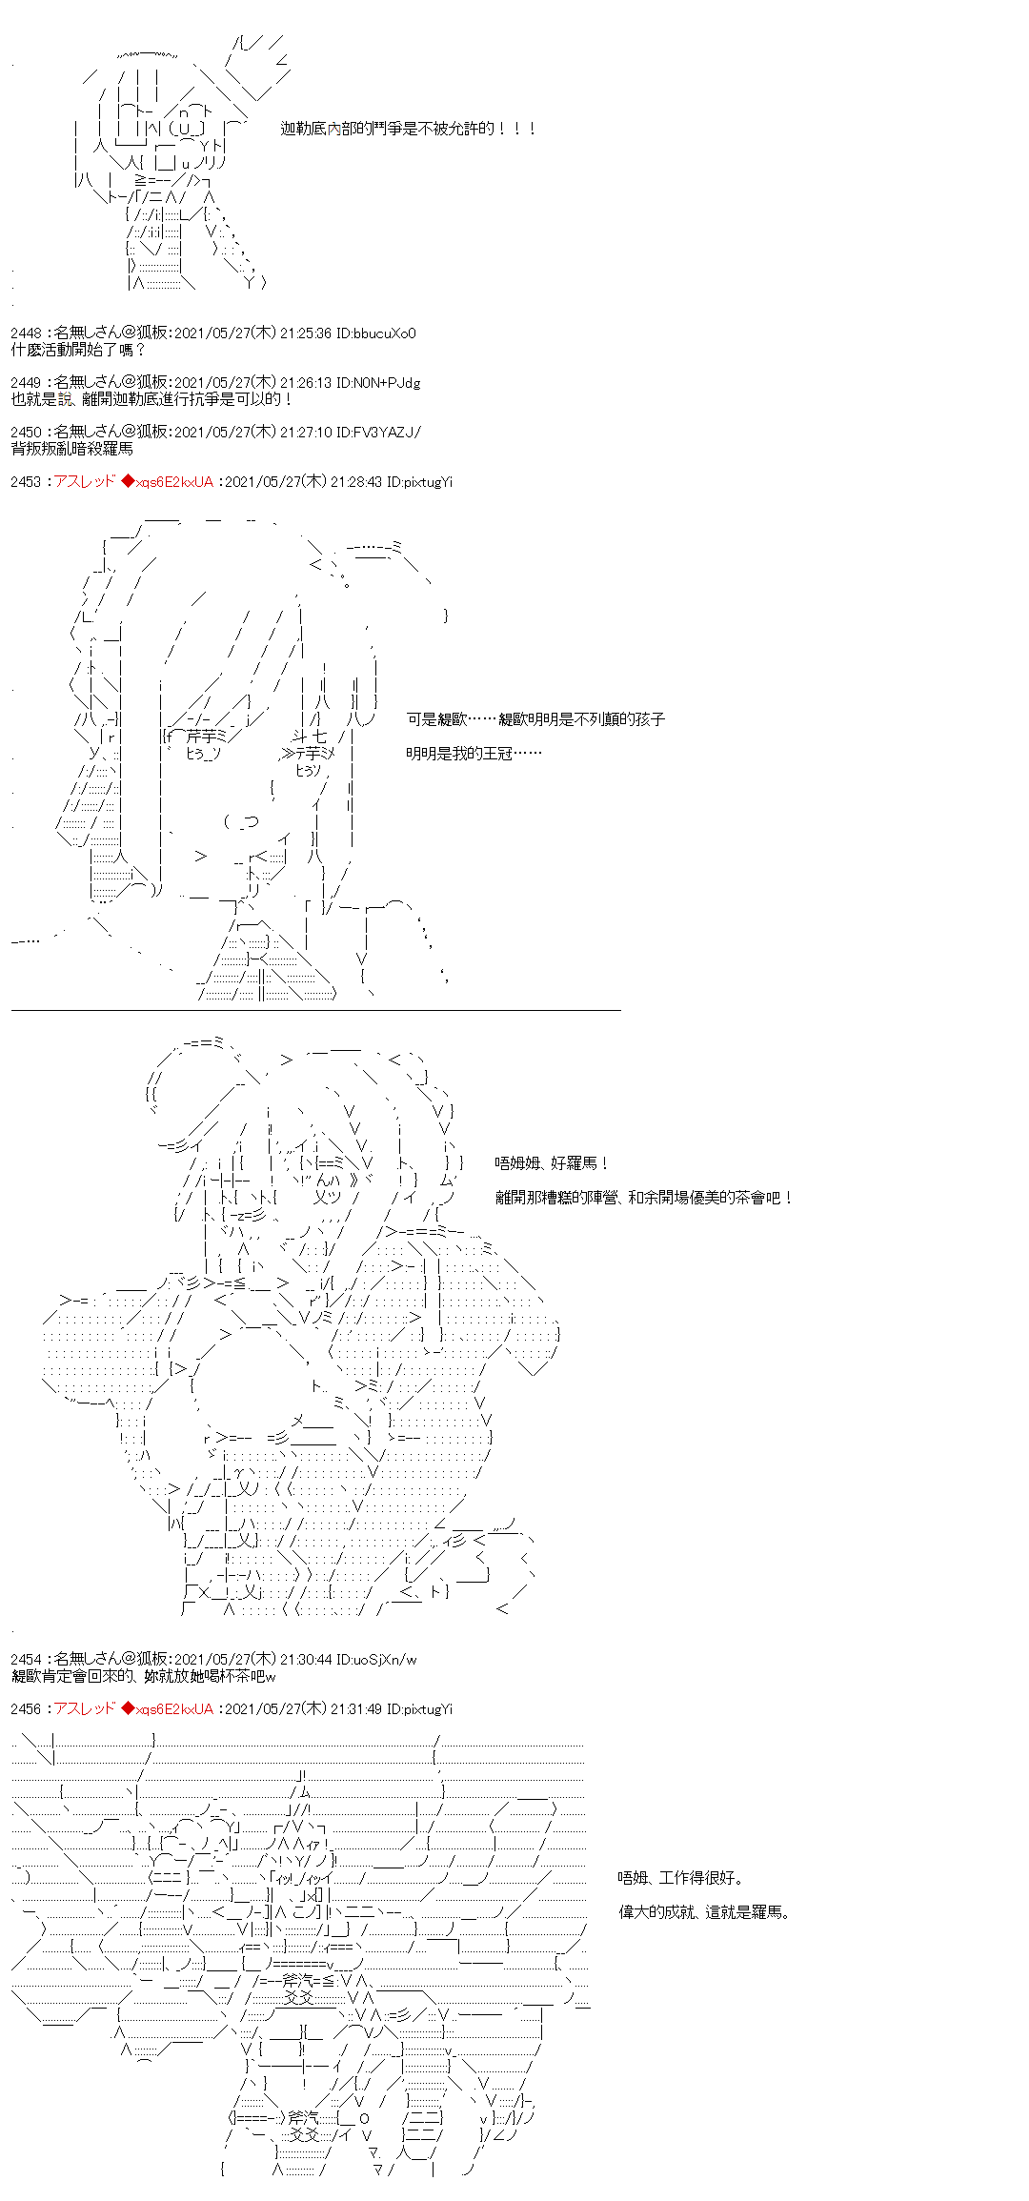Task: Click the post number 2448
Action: point(26,333)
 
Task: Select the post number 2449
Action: point(26,383)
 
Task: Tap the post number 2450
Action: point(26,433)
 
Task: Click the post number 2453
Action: point(26,482)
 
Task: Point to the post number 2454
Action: point(26,1660)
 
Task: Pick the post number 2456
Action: point(26,1709)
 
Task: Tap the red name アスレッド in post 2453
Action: point(84,482)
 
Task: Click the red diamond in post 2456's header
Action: point(128,1709)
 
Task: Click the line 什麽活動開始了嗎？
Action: point(78,350)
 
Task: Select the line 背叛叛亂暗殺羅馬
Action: point(71,449)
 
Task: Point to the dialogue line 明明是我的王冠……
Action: point(474,754)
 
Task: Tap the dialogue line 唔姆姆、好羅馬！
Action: point(552,1163)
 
